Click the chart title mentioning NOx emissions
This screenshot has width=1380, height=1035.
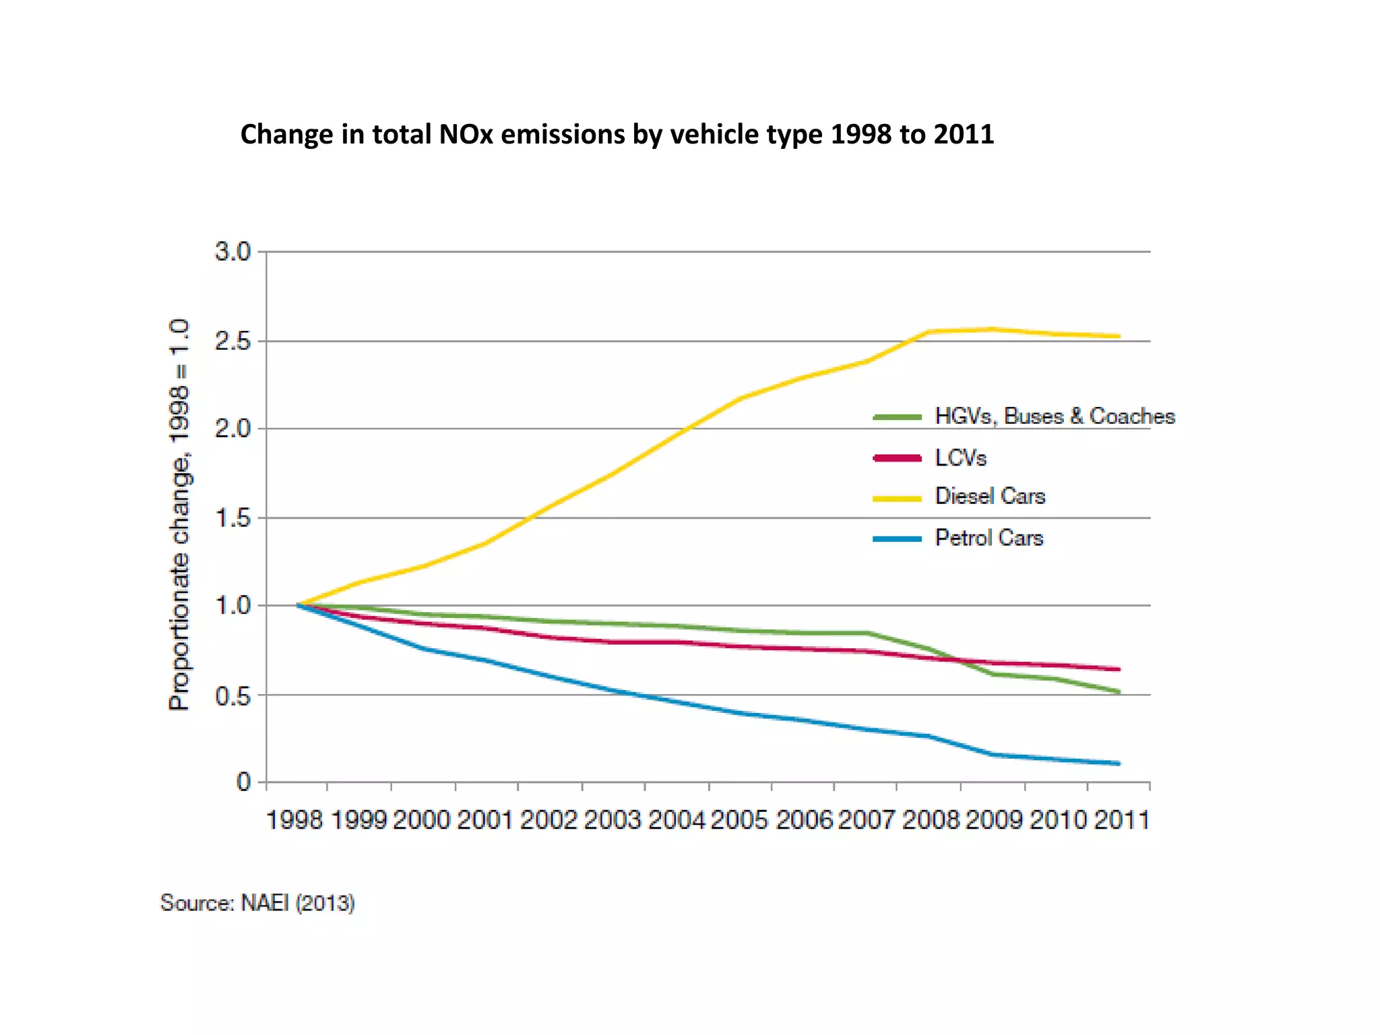pyautogui.click(x=617, y=134)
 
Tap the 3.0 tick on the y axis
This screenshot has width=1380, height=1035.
pyautogui.click(x=232, y=251)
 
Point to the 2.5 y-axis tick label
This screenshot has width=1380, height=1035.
pyautogui.click(x=232, y=342)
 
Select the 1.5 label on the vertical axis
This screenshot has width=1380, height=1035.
pyautogui.click(x=232, y=518)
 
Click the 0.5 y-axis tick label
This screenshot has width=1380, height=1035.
pyautogui.click(x=232, y=696)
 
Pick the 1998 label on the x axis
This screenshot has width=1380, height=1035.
pyautogui.click(x=294, y=820)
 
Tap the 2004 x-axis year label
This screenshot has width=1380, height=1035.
pyautogui.click(x=676, y=820)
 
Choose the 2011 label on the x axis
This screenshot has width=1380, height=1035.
pyautogui.click(x=1121, y=820)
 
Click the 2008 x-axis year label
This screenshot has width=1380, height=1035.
pyautogui.click(x=930, y=820)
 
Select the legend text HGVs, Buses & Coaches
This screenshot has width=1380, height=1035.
pyautogui.click(x=1055, y=416)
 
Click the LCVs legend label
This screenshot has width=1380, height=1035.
pyautogui.click(x=960, y=458)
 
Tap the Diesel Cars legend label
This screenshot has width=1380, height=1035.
pyautogui.click(x=990, y=497)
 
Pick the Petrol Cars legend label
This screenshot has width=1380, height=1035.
pyautogui.click(x=989, y=538)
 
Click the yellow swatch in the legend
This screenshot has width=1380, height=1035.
pyautogui.click(x=897, y=499)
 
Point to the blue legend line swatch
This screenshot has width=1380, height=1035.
pyautogui.click(x=897, y=539)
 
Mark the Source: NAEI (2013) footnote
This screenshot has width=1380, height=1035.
pyautogui.click(x=257, y=903)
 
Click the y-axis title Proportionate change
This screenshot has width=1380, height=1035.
pyautogui.click(x=179, y=515)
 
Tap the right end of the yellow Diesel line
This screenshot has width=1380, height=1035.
pyautogui.click(x=1118, y=336)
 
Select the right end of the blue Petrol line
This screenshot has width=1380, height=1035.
pyautogui.click(x=1118, y=763)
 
